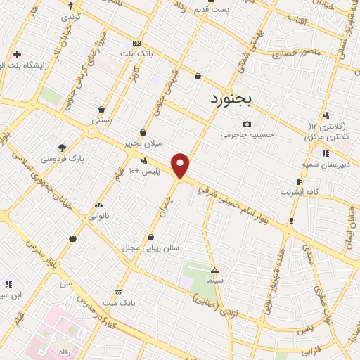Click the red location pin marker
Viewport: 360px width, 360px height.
click(x=181, y=166)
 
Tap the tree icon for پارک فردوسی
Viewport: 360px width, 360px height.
click(x=62, y=148)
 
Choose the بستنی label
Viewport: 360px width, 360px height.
click(x=102, y=120)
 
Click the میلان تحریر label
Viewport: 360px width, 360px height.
click(x=143, y=143)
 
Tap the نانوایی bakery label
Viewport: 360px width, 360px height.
click(x=98, y=214)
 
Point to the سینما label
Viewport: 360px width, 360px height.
click(x=214, y=281)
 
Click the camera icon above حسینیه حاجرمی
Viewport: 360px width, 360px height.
click(x=246, y=124)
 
